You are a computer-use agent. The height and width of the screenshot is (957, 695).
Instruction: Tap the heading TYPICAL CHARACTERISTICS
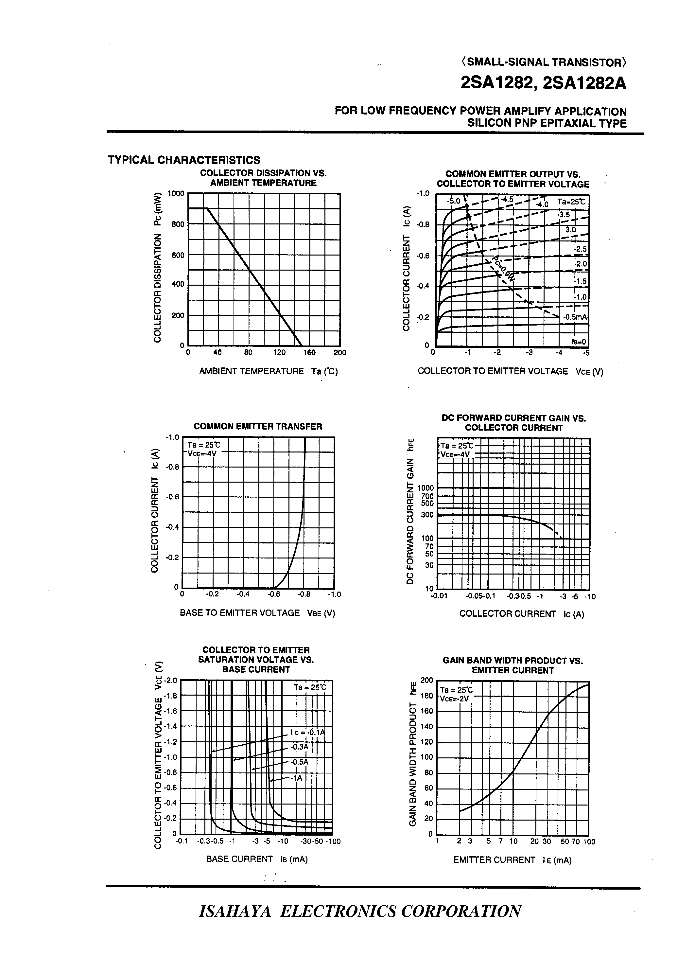(x=184, y=160)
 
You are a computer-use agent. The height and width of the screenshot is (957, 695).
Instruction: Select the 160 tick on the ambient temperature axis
(x=309, y=353)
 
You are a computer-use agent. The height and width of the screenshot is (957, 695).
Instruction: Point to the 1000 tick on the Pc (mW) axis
(x=176, y=194)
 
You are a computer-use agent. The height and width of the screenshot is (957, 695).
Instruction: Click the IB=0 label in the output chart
(x=579, y=342)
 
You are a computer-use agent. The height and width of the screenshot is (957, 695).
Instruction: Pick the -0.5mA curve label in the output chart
(x=575, y=317)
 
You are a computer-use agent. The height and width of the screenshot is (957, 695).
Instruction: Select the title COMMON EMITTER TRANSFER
(x=258, y=427)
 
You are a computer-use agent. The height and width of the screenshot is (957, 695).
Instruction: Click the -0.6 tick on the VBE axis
(x=274, y=594)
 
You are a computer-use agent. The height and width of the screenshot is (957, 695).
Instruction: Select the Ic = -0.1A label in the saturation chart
(x=307, y=733)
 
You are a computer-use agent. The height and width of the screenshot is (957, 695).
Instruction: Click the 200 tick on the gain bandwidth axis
(x=427, y=680)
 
